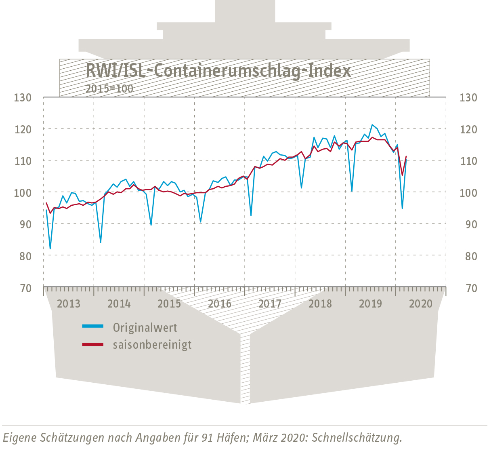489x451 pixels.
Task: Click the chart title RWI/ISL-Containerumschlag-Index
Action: tap(218, 71)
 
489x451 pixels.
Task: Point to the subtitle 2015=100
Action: tap(109, 89)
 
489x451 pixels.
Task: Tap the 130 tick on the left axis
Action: tap(23, 97)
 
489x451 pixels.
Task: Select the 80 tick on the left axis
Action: tap(23, 256)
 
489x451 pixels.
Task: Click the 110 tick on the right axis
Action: tap(468, 161)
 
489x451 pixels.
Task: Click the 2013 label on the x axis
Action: tap(69, 303)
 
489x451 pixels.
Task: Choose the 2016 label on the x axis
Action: tap(220, 303)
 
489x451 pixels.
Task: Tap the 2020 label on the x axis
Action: tap(421, 303)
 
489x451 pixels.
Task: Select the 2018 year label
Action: tap(320, 303)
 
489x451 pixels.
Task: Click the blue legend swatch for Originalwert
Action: tap(93, 326)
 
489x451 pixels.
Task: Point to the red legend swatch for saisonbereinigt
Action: tap(93, 344)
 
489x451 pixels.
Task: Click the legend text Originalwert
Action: tap(145, 327)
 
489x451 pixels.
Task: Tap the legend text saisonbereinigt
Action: tap(152, 345)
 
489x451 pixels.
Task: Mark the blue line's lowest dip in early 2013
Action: tap(50, 249)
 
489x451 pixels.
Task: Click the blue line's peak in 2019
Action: tap(372, 125)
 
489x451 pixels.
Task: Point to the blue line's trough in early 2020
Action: tap(402, 209)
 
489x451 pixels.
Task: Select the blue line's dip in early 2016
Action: tap(201, 222)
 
